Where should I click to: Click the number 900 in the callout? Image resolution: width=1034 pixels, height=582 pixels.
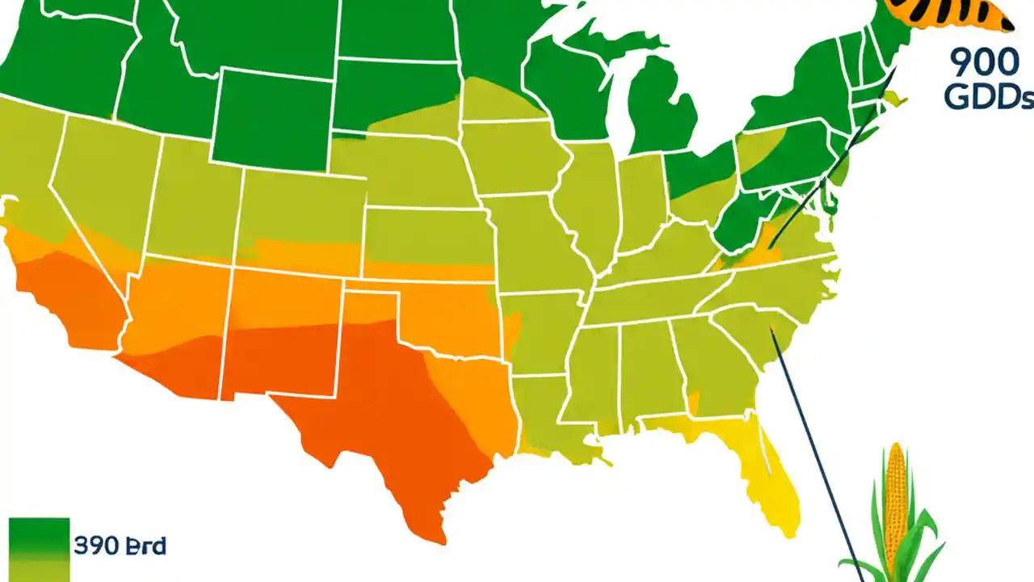pyautogui.click(x=984, y=63)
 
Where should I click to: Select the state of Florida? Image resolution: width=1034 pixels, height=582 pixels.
pyautogui.click(x=767, y=469)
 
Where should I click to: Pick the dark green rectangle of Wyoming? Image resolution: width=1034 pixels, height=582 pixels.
pyautogui.click(x=272, y=121)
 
